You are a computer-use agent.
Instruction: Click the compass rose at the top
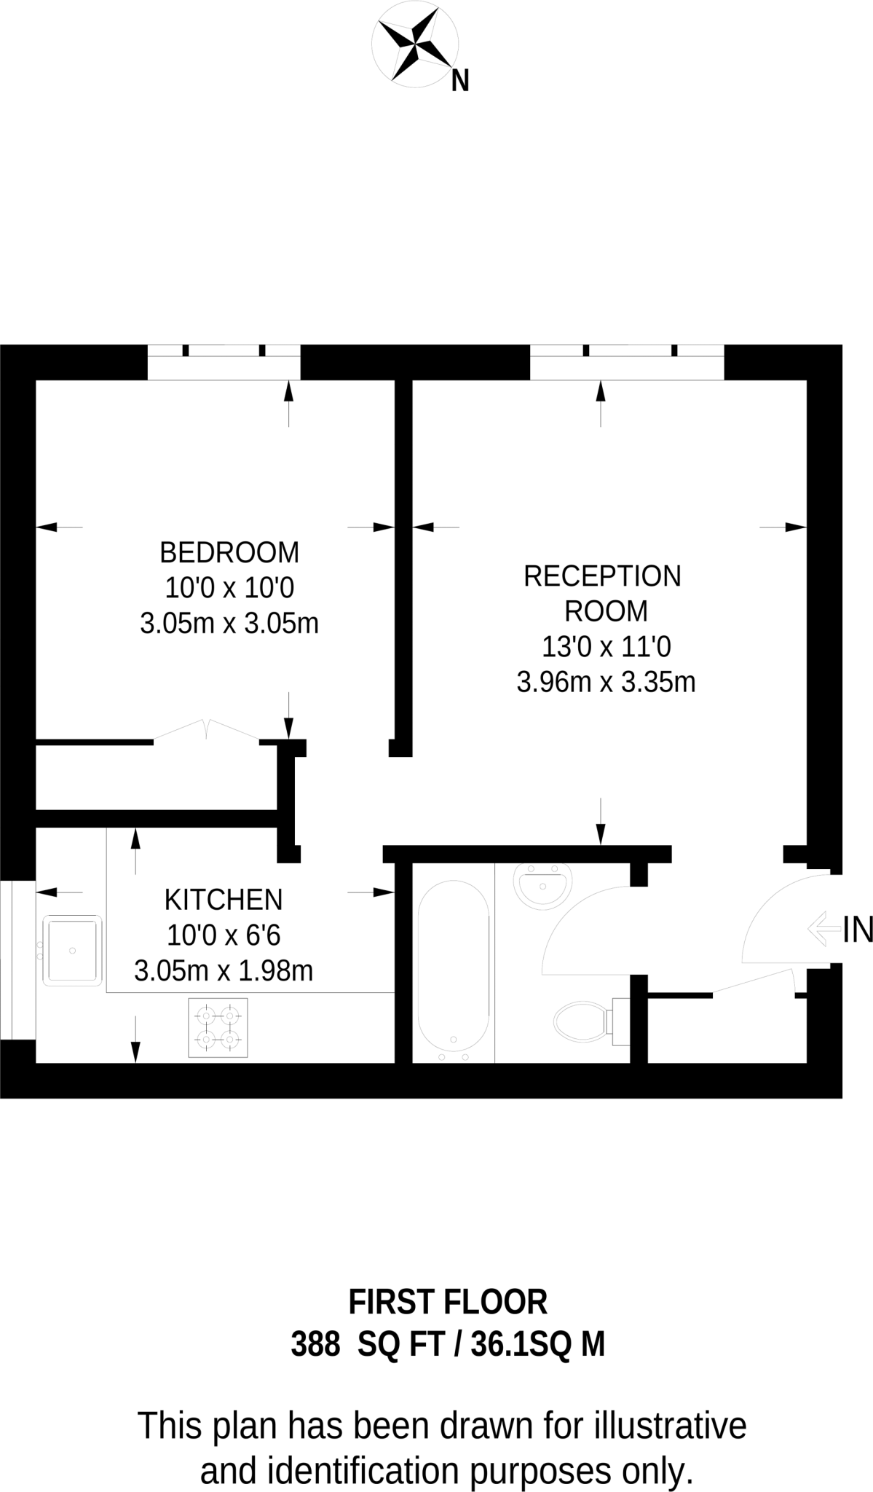coord(414,48)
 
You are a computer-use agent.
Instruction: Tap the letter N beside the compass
coord(459,81)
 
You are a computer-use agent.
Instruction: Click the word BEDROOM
coord(229,553)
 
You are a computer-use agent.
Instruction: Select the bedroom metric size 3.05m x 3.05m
coord(229,624)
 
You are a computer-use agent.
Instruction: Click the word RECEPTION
coord(602,576)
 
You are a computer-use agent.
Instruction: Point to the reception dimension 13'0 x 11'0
coord(606,647)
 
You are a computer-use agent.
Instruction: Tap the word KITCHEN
coord(224,900)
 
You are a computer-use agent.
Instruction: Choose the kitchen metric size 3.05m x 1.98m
coord(224,971)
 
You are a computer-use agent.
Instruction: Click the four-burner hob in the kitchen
coord(218,1027)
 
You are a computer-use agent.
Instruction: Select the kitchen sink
coord(72,951)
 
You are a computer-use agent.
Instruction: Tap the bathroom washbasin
coord(542,885)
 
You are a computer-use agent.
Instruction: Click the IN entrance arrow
coord(823,930)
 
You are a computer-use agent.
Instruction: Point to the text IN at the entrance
coord(857,930)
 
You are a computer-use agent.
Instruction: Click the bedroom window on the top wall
coord(224,361)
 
